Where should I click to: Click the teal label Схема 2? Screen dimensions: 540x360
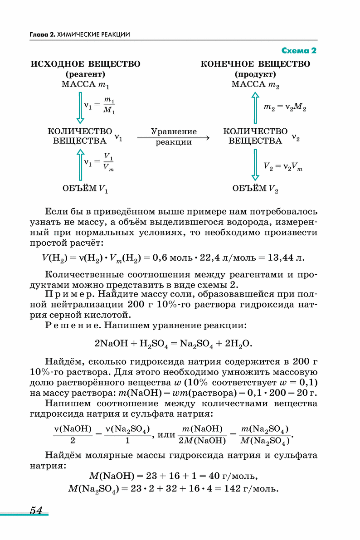[x=299, y=50]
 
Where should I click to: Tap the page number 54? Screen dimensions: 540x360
[x=36, y=510]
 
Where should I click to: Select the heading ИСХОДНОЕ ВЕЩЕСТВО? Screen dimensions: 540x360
[x=85, y=64]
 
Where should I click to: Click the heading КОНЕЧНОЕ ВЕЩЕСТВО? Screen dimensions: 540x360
[x=255, y=64]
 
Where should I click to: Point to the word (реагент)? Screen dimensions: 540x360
[x=85, y=74]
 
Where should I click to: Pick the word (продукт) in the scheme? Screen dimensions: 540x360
[x=255, y=74]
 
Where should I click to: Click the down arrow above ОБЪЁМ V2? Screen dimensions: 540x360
[x=255, y=165]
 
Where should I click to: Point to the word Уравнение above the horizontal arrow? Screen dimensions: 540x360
[x=174, y=132]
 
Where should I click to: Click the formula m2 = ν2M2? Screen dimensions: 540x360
[x=285, y=108]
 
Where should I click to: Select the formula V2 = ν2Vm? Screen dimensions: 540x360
[x=282, y=166]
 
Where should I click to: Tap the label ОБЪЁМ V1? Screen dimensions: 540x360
[x=85, y=188]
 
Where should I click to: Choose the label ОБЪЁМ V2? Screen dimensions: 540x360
[x=255, y=188]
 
